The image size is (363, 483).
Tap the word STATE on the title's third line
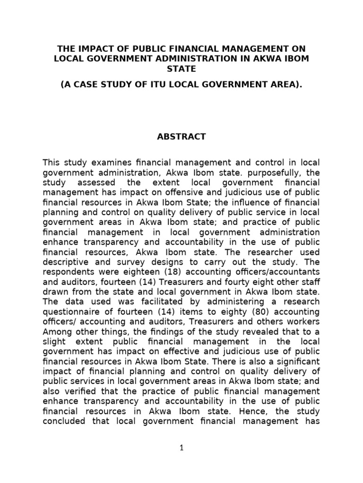click(181, 69)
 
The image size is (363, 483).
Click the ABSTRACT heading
click(181, 137)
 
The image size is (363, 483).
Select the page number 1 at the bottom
click(181, 449)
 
